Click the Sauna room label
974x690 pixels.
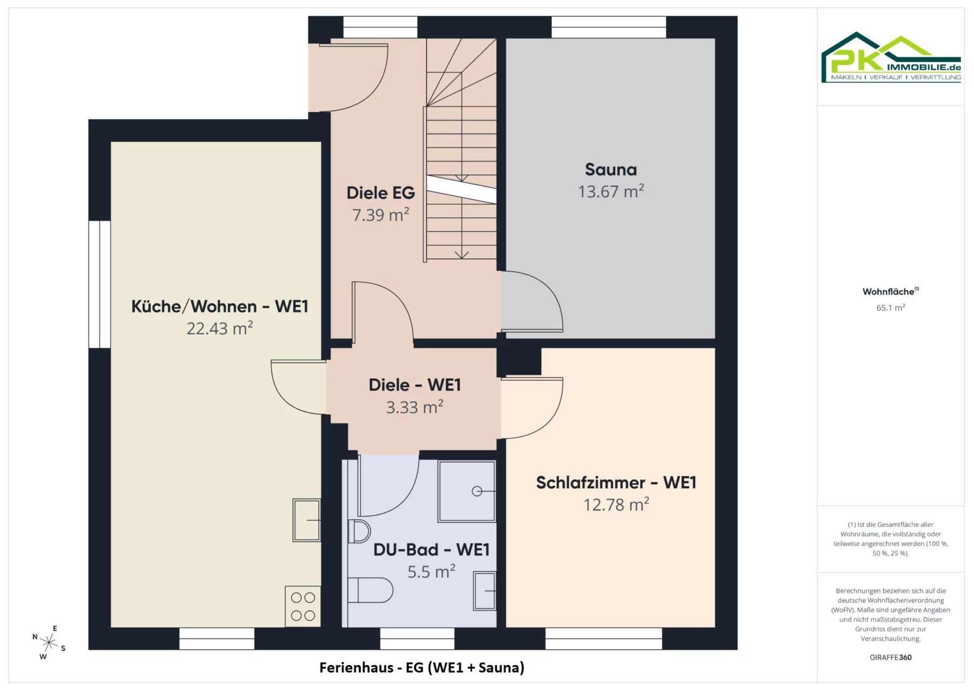611,170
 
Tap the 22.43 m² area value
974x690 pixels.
220,328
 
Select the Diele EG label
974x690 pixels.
380,193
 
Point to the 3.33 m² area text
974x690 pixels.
414,407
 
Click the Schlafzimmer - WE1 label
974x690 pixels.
616,482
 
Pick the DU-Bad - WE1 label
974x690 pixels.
431,549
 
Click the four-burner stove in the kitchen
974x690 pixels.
303,606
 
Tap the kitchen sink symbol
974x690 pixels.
307,520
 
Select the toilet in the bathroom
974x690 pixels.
370,590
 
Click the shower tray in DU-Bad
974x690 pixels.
467,491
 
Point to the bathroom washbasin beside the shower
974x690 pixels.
485,591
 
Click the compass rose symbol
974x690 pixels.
49,642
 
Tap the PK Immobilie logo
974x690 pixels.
891,57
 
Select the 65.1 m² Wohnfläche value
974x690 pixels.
891,308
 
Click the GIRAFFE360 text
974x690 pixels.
891,658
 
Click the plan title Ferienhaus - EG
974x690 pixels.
422,668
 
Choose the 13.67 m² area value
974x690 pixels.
611,191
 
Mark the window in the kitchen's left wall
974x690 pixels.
100,284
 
